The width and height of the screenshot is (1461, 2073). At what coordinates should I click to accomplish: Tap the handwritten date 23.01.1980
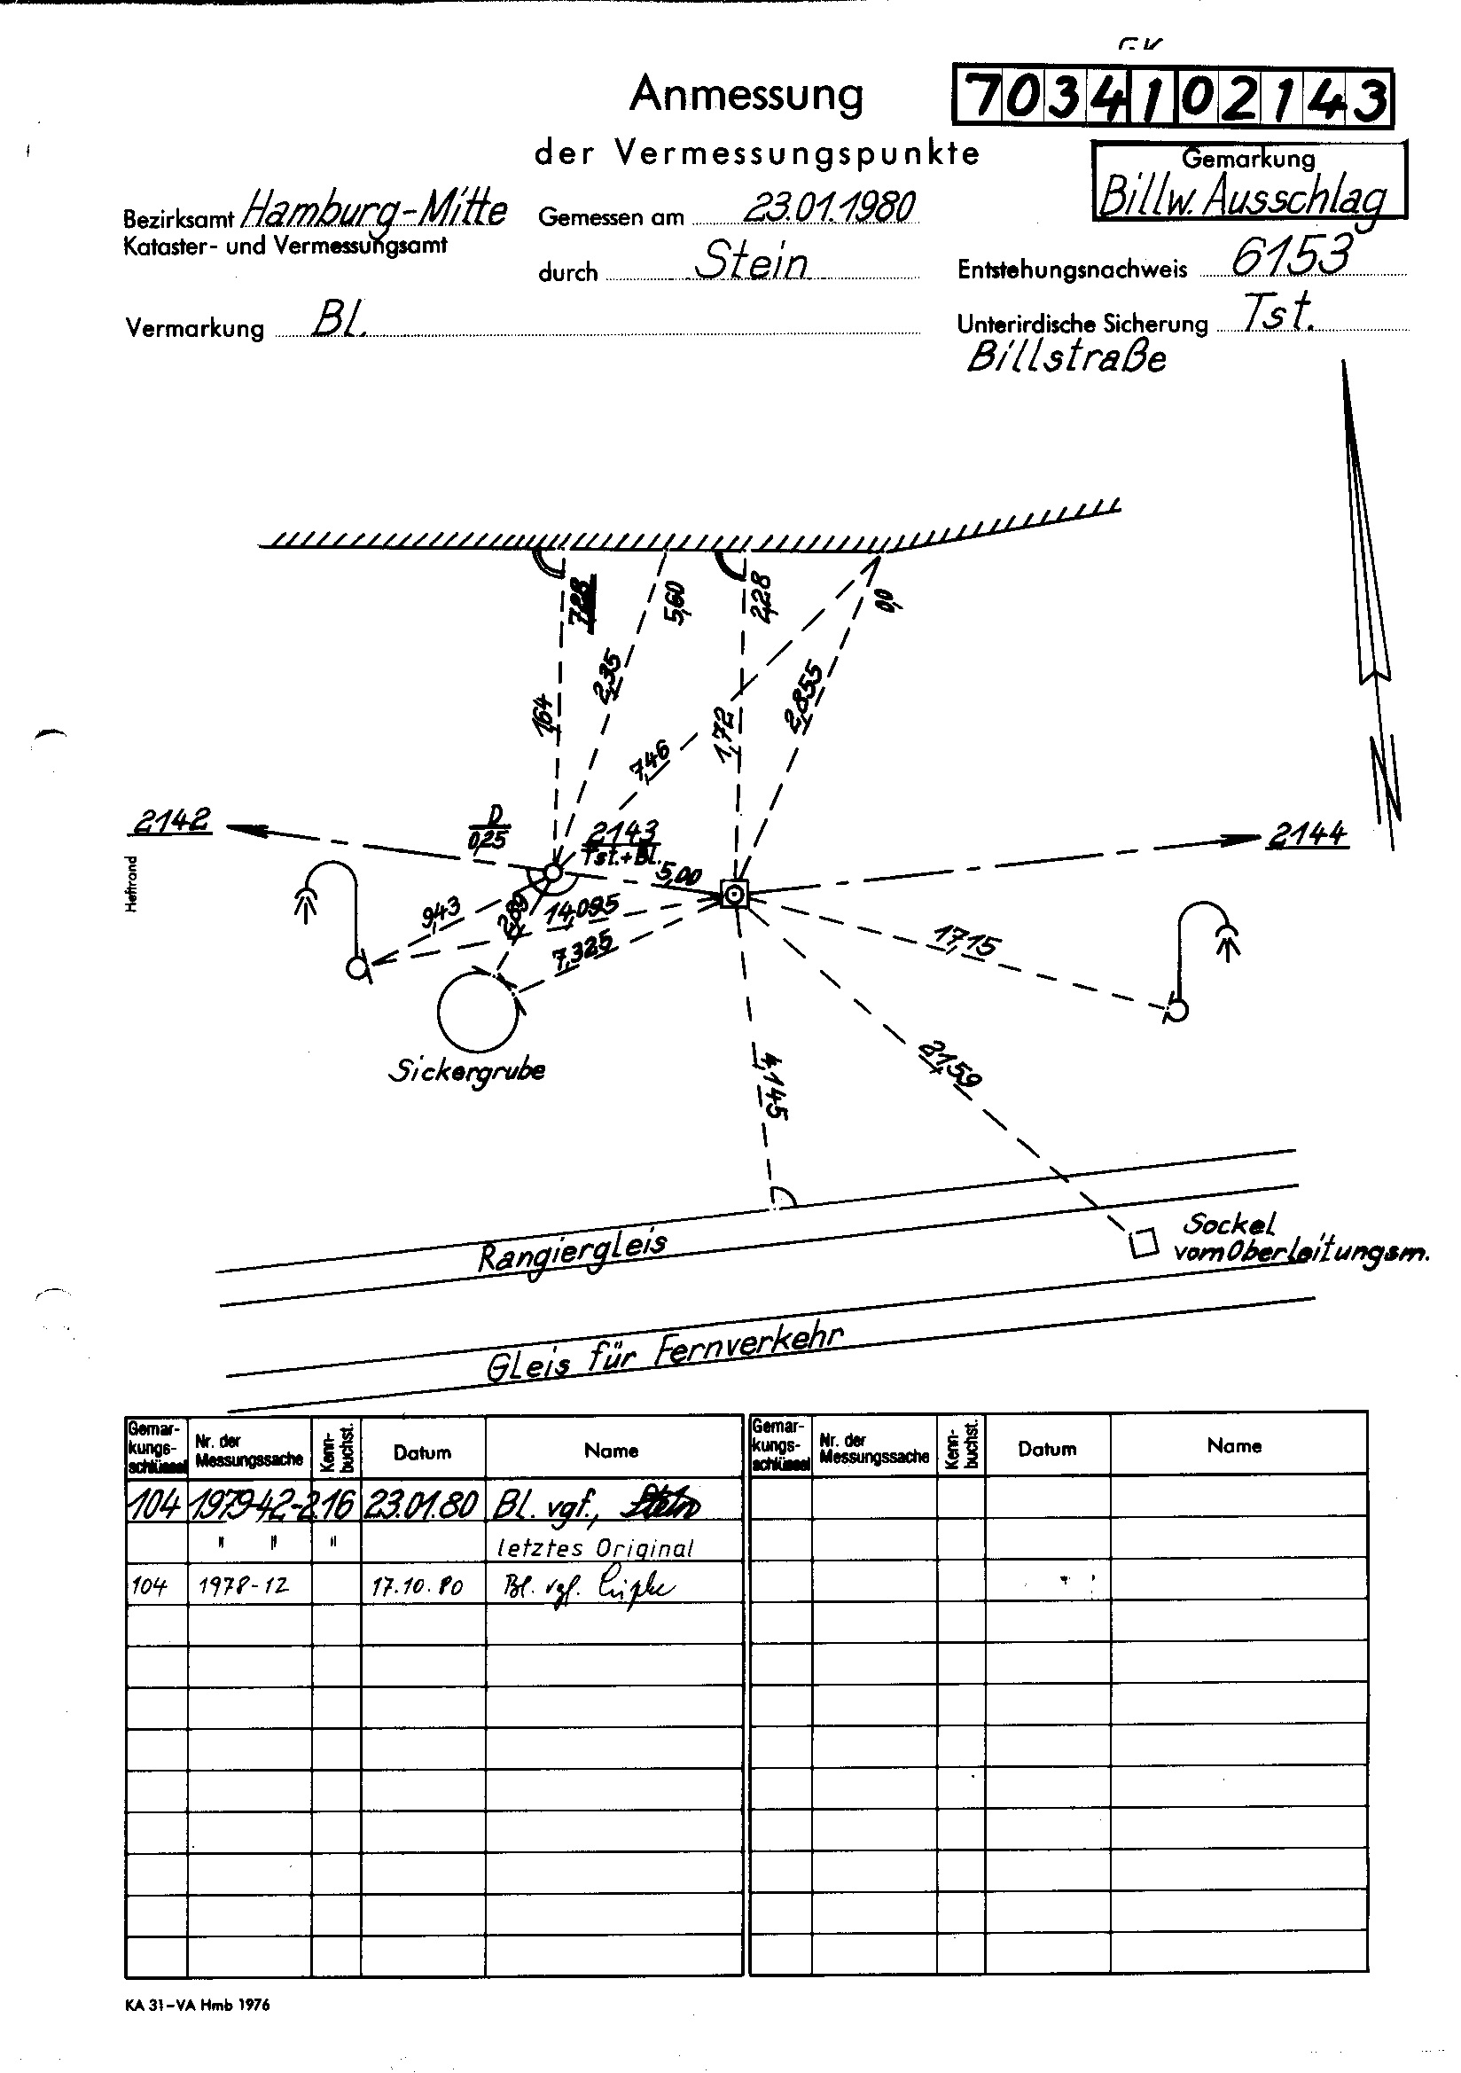tap(828, 207)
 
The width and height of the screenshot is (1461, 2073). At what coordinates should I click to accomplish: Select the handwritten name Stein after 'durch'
tap(751, 262)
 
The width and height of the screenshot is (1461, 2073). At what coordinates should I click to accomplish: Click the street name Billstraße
tap(1066, 358)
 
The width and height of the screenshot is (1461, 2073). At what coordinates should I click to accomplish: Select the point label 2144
tap(1307, 833)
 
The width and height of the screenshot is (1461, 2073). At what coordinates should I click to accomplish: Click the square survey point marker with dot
tap(736, 896)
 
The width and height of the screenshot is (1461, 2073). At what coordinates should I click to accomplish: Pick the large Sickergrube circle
tap(479, 1010)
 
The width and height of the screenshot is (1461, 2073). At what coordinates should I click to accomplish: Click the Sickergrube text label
tap(466, 1072)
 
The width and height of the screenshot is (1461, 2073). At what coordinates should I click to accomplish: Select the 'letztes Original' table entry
tap(595, 1547)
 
